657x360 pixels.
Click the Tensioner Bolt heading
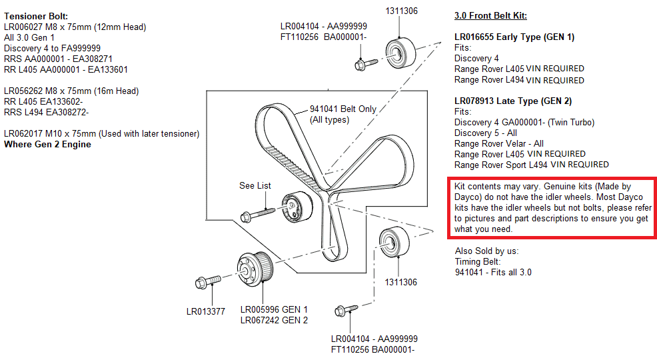pyautogui.click(x=36, y=15)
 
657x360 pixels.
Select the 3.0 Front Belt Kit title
pyautogui.click(x=494, y=15)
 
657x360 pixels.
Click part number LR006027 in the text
pyautogui.click(x=25, y=27)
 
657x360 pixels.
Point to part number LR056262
pyautogui.click(x=25, y=91)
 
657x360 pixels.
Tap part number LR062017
pyautogui.click(x=25, y=133)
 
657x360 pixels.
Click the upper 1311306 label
pyautogui.click(x=400, y=11)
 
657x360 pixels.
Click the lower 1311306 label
pyautogui.click(x=400, y=282)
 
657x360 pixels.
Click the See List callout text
pyautogui.click(x=255, y=185)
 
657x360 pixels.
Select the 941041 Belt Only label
pyautogui.click(x=342, y=109)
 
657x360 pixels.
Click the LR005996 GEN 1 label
pyautogui.click(x=274, y=309)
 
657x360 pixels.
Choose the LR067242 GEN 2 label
pyautogui.click(x=274, y=320)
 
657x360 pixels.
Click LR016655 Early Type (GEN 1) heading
pyautogui.click(x=514, y=37)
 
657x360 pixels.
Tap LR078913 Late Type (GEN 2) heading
pyautogui.click(x=512, y=101)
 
